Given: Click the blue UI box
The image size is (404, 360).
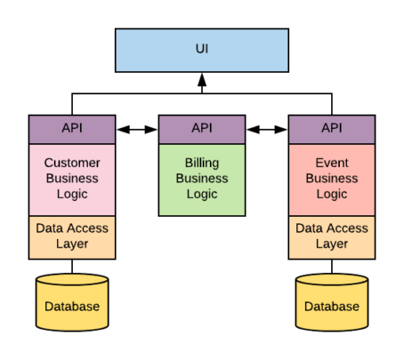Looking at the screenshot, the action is click(202, 51).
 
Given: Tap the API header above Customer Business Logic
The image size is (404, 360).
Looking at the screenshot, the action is click(72, 130).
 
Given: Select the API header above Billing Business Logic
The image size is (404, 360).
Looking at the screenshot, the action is click(202, 130).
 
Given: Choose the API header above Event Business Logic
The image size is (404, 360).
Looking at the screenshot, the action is click(332, 130).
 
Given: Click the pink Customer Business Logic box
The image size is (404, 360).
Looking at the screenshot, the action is click(72, 180).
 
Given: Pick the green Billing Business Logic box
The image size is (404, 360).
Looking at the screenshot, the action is click(202, 180).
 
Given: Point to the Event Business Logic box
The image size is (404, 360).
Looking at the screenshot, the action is click(332, 180).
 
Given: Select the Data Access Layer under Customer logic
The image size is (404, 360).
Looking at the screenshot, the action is click(72, 237).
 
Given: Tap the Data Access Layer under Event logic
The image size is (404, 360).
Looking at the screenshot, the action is click(332, 237).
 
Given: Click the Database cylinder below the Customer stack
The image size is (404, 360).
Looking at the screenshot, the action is click(72, 302).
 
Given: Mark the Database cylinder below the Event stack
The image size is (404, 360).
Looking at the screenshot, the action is click(332, 302).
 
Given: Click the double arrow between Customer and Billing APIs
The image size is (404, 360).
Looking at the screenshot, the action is click(137, 130).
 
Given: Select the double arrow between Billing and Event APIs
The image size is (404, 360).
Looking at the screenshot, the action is click(267, 130).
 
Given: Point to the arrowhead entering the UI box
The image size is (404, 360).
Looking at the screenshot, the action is click(202, 80).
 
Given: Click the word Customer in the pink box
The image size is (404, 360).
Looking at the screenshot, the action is click(72, 163).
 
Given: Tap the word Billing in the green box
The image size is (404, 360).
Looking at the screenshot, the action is click(202, 163).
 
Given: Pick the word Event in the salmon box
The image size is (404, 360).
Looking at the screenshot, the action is click(332, 163).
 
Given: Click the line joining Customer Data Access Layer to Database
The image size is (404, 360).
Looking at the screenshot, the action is click(72, 267).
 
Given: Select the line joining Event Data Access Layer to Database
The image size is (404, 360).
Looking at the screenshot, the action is click(332, 267).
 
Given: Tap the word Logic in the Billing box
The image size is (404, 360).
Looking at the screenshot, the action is click(202, 195).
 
